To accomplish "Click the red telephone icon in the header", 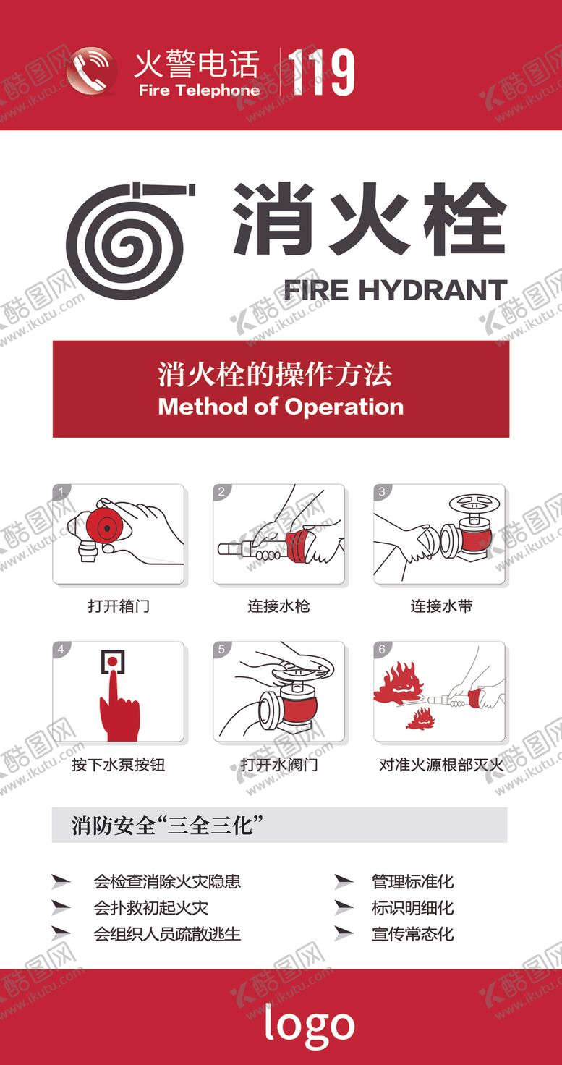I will [x=91, y=70].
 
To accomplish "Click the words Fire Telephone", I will [x=199, y=90].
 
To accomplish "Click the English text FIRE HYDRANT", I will [x=395, y=290].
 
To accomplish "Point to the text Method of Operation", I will [x=281, y=406].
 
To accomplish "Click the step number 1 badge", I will [x=61, y=492].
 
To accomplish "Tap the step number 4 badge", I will [x=61, y=650].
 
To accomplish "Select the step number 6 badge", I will [x=382, y=650].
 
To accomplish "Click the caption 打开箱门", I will [x=119, y=606].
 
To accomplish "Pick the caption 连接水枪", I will [x=279, y=606].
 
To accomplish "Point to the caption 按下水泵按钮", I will [x=119, y=765].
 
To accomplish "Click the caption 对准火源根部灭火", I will [x=440, y=765].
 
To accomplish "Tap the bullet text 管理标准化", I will [x=412, y=881].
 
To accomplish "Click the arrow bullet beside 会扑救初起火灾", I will [x=61, y=907].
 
